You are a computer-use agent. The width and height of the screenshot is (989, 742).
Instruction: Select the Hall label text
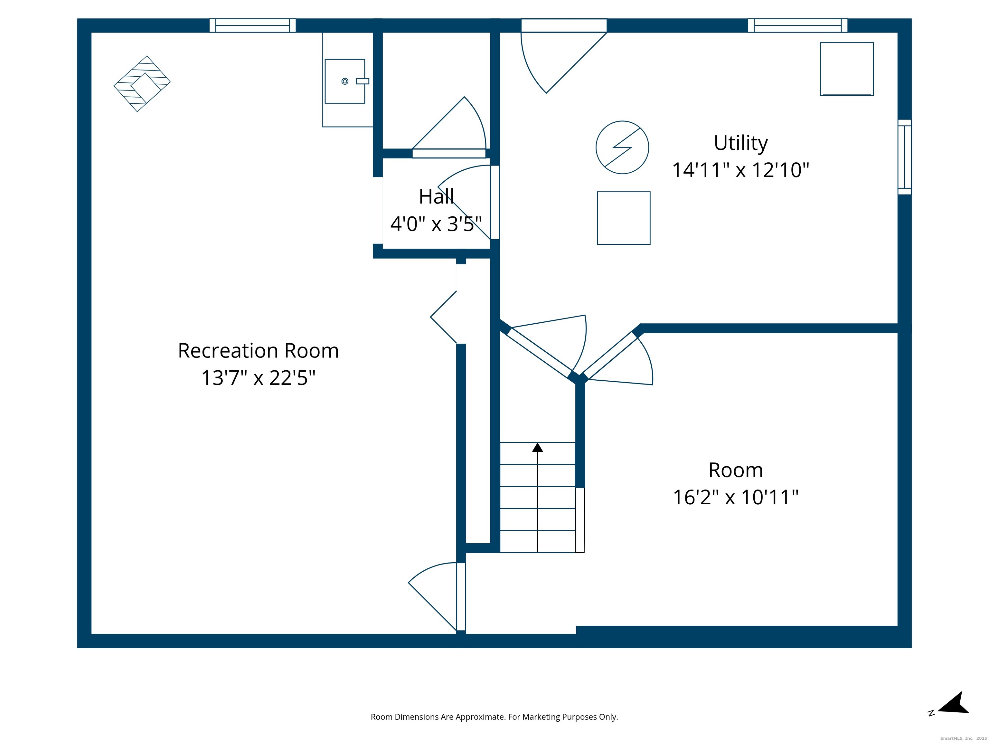pyautogui.click(x=436, y=197)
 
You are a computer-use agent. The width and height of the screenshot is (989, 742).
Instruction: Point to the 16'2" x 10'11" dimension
pyautogui.click(x=736, y=497)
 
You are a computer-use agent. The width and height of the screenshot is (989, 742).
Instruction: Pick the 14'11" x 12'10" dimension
pyautogui.click(x=741, y=170)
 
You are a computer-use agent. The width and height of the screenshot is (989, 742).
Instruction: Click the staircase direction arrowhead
pyautogui.click(x=537, y=447)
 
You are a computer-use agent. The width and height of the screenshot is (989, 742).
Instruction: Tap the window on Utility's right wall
pyautogui.click(x=905, y=157)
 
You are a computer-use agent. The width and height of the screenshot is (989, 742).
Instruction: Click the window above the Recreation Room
pyautogui.click(x=253, y=25)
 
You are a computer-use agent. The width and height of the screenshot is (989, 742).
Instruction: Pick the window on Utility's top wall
pyautogui.click(x=798, y=25)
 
